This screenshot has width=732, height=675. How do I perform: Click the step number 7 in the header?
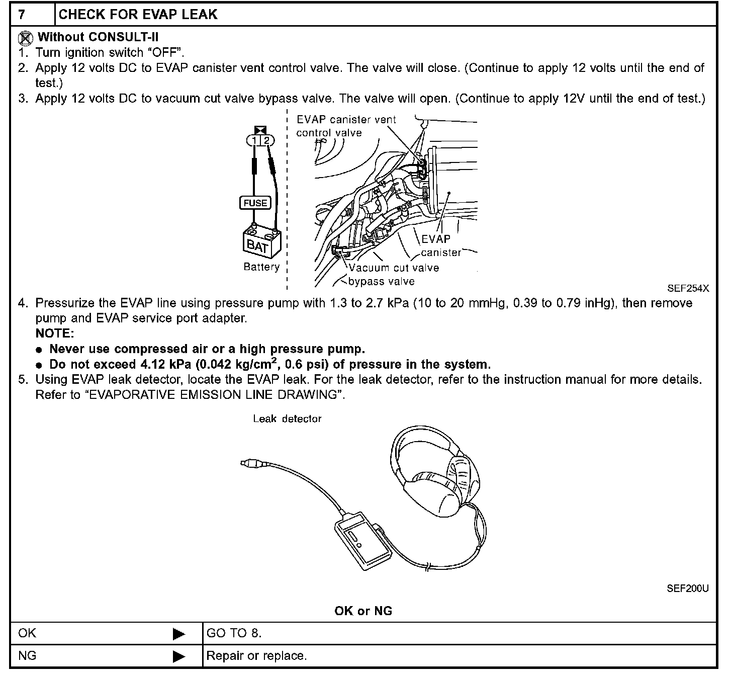(22, 14)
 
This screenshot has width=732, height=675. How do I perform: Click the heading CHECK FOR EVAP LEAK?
(138, 14)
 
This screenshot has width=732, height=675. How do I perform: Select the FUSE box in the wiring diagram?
(255, 203)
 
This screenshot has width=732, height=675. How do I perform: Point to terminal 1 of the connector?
(255, 140)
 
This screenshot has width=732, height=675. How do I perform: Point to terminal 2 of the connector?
(266, 140)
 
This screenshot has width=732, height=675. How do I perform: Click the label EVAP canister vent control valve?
(346, 126)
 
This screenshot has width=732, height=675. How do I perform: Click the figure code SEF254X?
(688, 289)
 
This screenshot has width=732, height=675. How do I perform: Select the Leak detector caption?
(287, 419)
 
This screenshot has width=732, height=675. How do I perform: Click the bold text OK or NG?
(363, 611)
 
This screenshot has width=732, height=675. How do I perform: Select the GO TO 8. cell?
(234, 633)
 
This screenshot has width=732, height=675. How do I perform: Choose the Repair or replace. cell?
(256, 656)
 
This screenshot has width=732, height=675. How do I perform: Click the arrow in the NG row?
(179, 656)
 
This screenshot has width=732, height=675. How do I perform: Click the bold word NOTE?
(55, 333)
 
